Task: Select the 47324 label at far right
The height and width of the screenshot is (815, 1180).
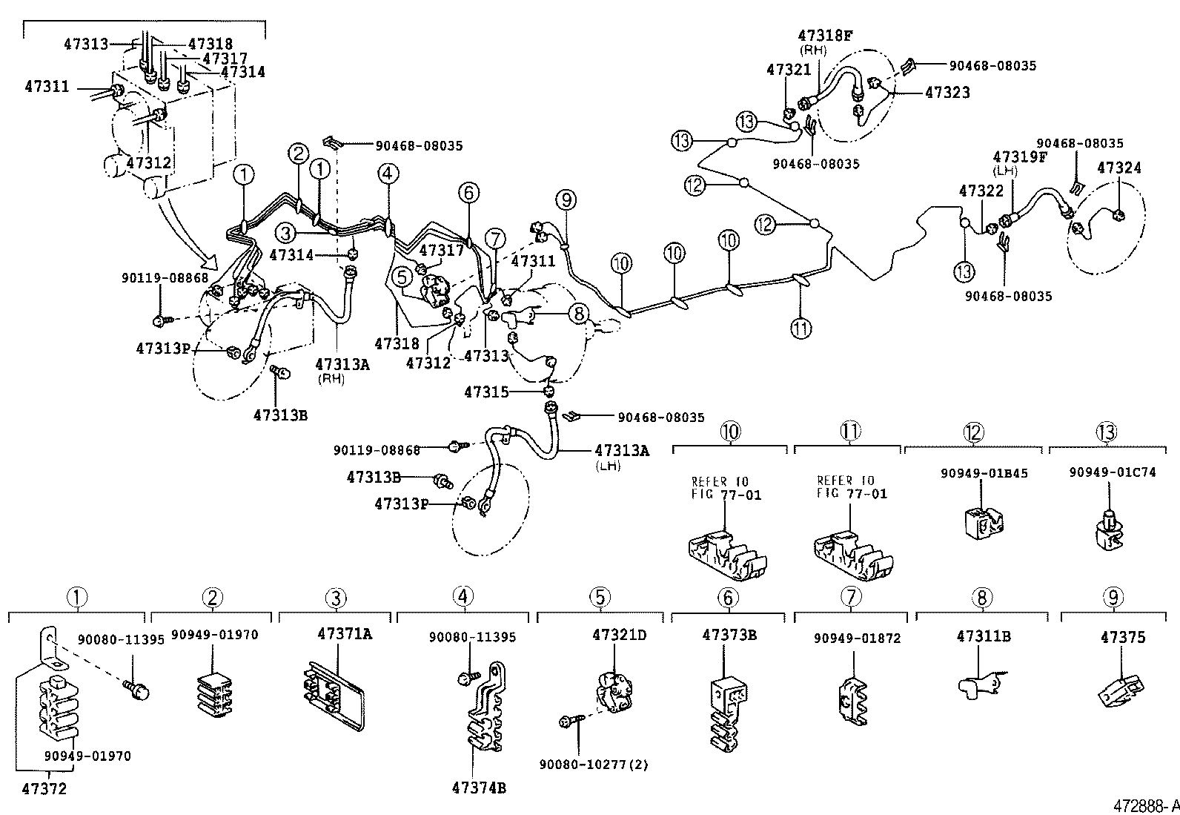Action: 1118,168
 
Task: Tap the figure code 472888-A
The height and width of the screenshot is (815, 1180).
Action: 1144,805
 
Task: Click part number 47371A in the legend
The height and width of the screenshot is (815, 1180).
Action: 345,634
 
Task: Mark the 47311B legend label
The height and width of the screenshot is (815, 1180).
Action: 984,636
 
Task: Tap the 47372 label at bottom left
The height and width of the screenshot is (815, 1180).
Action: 44,788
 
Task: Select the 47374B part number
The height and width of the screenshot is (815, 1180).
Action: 479,788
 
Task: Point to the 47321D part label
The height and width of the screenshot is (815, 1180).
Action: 619,635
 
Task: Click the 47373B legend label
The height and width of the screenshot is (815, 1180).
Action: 729,635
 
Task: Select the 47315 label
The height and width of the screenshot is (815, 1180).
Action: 485,392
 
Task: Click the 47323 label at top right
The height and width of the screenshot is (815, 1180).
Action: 947,93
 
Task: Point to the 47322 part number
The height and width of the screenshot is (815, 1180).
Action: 981,191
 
